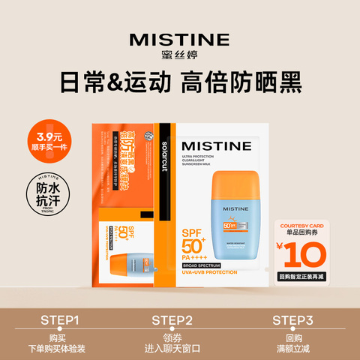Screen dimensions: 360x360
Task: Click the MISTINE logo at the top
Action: (179, 40)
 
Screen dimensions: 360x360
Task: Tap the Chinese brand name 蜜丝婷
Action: (179, 57)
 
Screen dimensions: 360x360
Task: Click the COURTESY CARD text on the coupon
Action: (311, 224)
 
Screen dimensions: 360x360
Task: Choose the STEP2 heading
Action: (179, 320)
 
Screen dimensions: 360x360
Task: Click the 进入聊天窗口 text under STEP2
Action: (179, 349)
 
